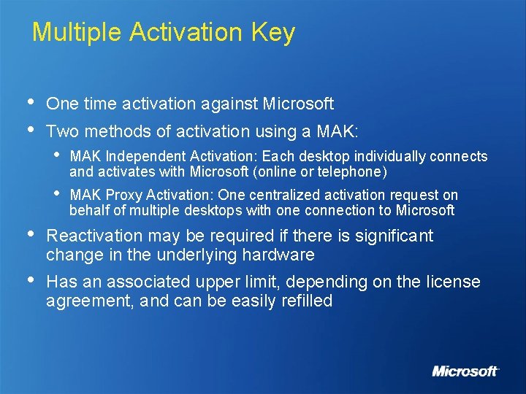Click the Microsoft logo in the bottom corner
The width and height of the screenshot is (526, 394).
465,371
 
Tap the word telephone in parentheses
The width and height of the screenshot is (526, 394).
355,172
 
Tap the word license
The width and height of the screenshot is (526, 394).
455,282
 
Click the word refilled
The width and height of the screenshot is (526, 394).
305,301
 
